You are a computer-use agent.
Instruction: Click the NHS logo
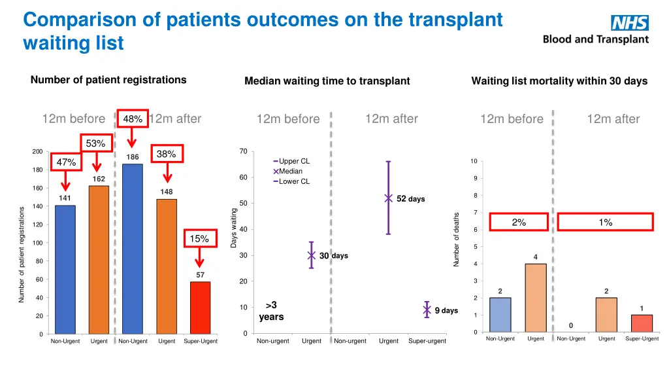[629, 23]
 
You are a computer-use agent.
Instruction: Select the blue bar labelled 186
[132, 249]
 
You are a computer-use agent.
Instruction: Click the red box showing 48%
[133, 118]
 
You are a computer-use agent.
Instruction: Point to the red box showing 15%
[199, 239]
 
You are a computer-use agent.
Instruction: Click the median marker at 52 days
[388, 198]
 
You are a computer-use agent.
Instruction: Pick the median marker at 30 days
[312, 256]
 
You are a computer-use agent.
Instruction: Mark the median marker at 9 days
[427, 310]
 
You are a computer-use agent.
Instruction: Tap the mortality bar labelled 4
[535, 298]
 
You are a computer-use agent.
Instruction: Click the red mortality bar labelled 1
[642, 324]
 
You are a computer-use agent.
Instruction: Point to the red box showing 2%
[519, 222]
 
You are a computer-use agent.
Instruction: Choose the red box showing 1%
[605, 222]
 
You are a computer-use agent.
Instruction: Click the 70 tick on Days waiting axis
[242, 152]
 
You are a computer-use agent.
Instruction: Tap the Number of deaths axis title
[457, 239]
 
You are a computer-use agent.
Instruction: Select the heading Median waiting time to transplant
[327, 81]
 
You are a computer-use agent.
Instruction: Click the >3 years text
[271, 311]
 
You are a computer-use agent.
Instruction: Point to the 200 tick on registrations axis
[37, 152]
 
